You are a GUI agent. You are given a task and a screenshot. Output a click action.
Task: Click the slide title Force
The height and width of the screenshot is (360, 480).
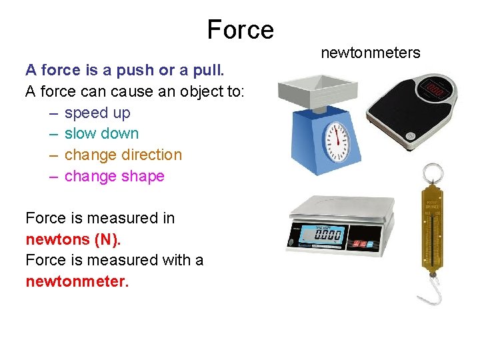click(240, 30)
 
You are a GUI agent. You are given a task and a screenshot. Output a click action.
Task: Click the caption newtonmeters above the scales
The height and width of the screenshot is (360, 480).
click(371, 53)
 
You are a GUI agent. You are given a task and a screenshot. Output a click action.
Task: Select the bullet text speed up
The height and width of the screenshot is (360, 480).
click(97, 113)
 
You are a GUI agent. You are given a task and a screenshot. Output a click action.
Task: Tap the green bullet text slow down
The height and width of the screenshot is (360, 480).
click(101, 133)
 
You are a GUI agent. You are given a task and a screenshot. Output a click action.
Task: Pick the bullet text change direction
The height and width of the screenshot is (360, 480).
click(123, 155)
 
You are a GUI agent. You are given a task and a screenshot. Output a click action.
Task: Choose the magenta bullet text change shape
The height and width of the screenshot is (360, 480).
click(114, 176)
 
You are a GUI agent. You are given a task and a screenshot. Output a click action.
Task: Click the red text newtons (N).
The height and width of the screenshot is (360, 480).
click(73, 239)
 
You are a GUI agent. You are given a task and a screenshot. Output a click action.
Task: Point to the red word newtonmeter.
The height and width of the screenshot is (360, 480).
click(77, 281)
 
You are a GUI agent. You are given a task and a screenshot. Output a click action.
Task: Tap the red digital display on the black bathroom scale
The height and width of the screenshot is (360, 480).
click(437, 87)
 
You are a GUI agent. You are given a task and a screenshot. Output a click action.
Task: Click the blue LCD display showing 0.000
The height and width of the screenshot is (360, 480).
click(327, 235)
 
